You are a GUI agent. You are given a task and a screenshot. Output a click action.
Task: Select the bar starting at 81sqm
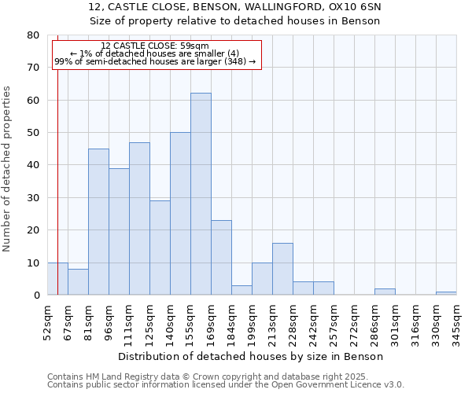coord(98,222)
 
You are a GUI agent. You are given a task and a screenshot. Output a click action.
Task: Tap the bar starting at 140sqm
coord(180,214)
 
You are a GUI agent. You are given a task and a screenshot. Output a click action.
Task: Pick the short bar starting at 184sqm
coord(242,290)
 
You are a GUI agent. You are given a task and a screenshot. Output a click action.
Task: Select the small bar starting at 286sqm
coord(385,292)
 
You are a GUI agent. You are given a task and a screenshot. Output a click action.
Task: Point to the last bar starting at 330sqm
coord(446,293)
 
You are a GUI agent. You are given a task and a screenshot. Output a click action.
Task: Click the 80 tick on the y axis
coord(33,35)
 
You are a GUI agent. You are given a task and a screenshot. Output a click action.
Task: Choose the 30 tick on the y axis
coord(33,198)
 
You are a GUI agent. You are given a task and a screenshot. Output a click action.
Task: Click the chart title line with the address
coord(235,6)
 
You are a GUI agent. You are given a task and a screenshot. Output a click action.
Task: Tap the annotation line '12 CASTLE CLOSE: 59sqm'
coord(155,46)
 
